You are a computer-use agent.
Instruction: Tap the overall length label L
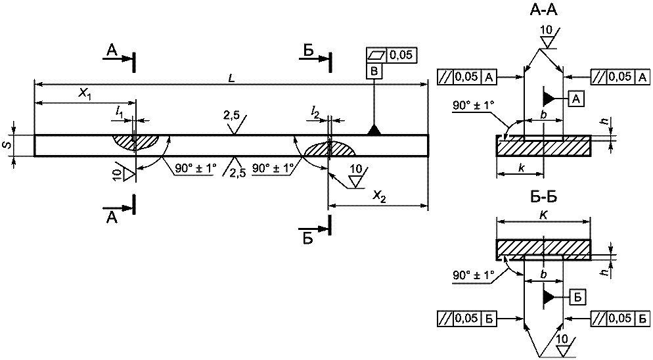pos(231,78)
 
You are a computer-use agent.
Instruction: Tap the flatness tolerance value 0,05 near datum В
pos(402,55)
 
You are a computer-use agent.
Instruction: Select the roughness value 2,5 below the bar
pos(237,171)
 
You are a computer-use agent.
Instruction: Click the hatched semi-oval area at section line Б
pos(329,148)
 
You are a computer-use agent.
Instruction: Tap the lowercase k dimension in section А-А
pos(521,168)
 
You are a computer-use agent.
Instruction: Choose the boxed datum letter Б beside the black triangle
pos(577,297)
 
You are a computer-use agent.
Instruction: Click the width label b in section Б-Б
pos(543,275)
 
